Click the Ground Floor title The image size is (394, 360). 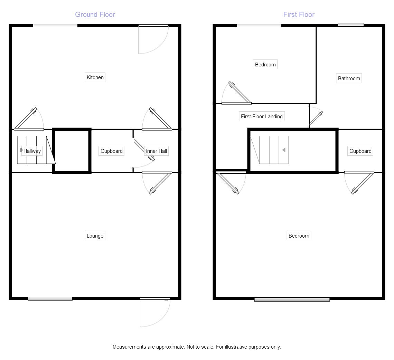(x=95, y=15)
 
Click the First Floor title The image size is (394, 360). (x=299, y=15)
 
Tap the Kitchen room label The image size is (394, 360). (x=95, y=77)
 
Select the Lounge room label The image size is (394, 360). (x=95, y=236)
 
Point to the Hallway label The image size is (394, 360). (x=32, y=151)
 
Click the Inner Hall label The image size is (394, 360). (x=157, y=151)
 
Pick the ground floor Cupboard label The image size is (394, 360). (x=111, y=151)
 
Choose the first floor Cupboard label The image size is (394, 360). (x=360, y=151)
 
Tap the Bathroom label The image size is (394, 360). (x=349, y=79)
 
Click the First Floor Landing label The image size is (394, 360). (x=262, y=117)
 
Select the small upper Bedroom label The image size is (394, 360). (x=265, y=65)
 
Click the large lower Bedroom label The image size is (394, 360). (x=299, y=236)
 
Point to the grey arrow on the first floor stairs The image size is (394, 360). (x=284, y=150)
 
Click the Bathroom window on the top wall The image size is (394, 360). (x=350, y=25)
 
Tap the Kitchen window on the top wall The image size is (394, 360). (x=55, y=26)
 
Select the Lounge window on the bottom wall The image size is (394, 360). (x=50, y=299)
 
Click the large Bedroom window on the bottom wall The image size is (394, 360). (x=292, y=300)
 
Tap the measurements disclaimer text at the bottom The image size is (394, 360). (x=197, y=347)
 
